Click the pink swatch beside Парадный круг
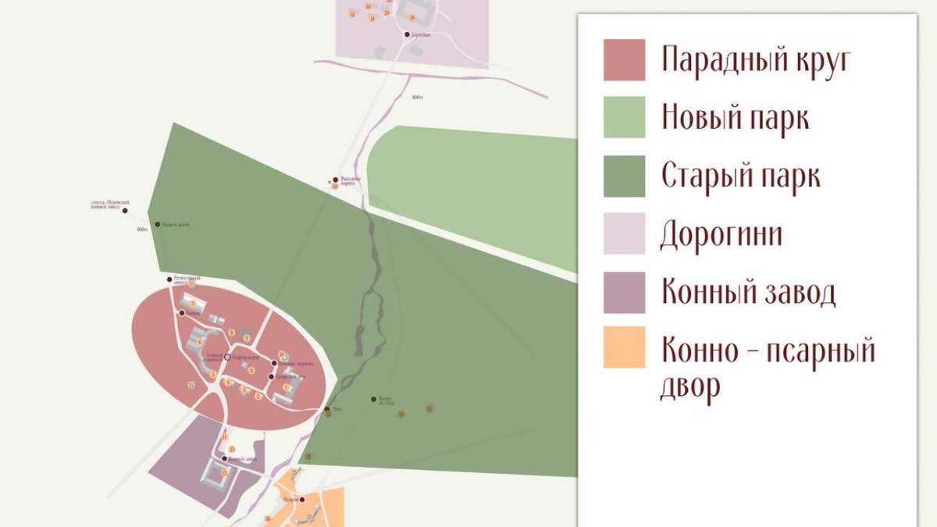pyautogui.click(x=624, y=60)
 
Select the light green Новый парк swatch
pyautogui.click(x=624, y=117)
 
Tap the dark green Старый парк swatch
pyautogui.click(x=624, y=176)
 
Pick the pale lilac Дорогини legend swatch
pyautogui.click(x=624, y=233)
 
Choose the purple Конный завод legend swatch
pyautogui.click(x=624, y=292)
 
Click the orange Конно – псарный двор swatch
pyautogui.click(x=624, y=347)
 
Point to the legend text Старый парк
pyautogui.click(x=740, y=176)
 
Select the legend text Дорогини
pyautogui.click(x=721, y=234)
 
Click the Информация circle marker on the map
pyautogui.click(x=228, y=357)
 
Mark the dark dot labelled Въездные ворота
pyautogui.click(x=336, y=180)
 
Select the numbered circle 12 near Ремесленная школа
pyautogui.click(x=191, y=285)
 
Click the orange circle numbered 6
pyautogui.click(x=200, y=342)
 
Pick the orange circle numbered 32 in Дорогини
pyautogui.click(x=353, y=14)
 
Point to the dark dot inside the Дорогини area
pyautogui.click(x=407, y=35)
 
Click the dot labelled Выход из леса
pyautogui.click(x=373, y=399)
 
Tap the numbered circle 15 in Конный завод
pyautogui.click(x=224, y=473)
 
